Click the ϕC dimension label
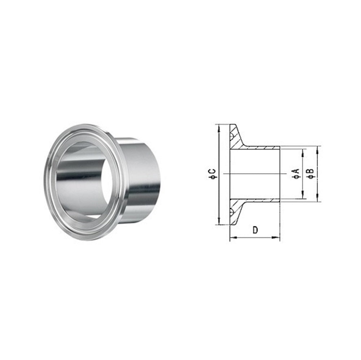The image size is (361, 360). pos(213,174)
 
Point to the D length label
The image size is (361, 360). pos(255,230)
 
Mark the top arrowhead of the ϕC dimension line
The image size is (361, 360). pos(219,127)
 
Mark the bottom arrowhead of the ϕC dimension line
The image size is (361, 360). pos(219,222)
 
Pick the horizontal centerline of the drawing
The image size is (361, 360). pos(253,174)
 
